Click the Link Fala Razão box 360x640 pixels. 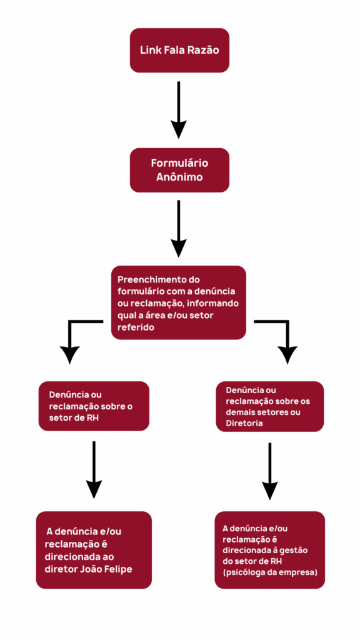[179, 50]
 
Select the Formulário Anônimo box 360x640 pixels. [179, 170]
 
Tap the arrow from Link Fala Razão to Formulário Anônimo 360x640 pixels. [178, 109]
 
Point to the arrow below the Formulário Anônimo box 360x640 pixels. [178, 229]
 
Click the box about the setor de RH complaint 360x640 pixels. [94, 406]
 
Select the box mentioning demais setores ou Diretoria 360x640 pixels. [269, 406]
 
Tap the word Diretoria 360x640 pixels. [244, 424]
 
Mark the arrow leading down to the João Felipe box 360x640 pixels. [94, 469]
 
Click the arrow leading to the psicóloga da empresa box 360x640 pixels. [269, 471]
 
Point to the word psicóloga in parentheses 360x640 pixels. [244, 572]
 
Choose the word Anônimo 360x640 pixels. [179, 178]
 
